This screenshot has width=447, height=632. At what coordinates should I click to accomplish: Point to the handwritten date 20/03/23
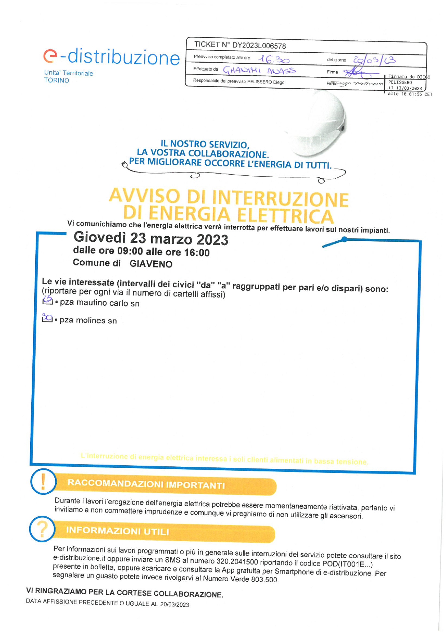pyautogui.click(x=374, y=60)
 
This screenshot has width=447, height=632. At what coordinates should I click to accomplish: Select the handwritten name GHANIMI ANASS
pyautogui.click(x=259, y=70)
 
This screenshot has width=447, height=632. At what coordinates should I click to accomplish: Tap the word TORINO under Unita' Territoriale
pyautogui.click(x=57, y=80)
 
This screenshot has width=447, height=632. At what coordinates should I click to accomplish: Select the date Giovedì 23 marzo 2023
pyautogui.click(x=151, y=239)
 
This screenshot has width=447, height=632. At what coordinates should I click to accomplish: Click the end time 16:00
pyautogui.click(x=197, y=252)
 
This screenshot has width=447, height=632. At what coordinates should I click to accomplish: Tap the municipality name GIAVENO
pyautogui.click(x=151, y=264)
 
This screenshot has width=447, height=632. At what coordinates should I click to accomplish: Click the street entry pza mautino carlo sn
pyautogui.click(x=99, y=303)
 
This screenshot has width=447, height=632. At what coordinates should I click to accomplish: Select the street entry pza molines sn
pyautogui.click(x=88, y=320)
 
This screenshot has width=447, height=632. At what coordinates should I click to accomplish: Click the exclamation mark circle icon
pyautogui.click(x=43, y=481)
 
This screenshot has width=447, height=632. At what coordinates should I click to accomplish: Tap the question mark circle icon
pyautogui.click(x=42, y=529)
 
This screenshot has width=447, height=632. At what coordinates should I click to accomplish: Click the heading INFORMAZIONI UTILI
pyautogui.click(x=117, y=531)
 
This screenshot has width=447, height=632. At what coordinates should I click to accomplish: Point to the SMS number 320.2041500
pyautogui.click(x=237, y=561)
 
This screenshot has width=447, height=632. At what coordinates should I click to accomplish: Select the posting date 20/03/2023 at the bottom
pyautogui.click(x=175, y=604)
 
